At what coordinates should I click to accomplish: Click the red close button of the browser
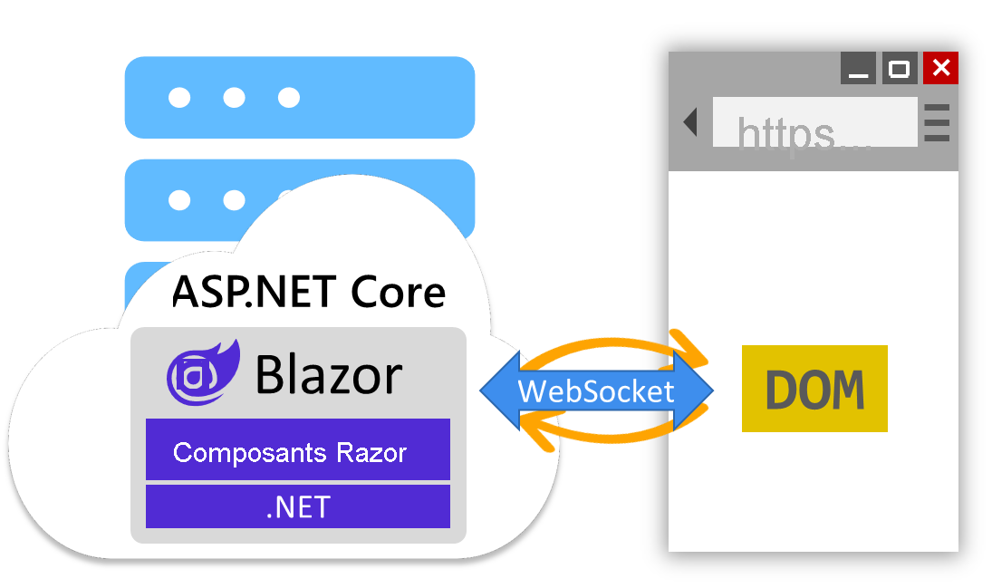940,68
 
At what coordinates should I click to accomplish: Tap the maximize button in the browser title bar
899,68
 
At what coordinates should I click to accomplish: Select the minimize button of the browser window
858,69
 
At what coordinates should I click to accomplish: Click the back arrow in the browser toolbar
690,122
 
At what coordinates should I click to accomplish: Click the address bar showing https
814,123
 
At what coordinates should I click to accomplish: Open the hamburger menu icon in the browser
937,123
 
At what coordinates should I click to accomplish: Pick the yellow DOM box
814,389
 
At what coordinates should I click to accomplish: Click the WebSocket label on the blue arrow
596,391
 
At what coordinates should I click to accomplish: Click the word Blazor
328,374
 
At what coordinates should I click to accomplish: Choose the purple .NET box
298,506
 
